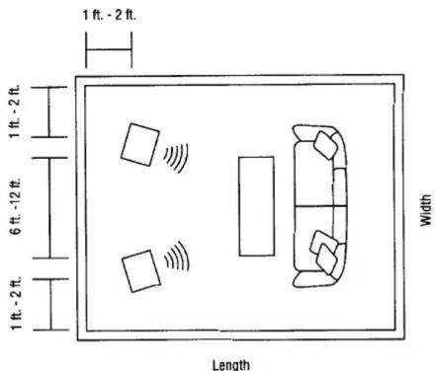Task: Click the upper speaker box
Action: [x=140, y=145]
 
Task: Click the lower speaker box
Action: [x=141, y=271]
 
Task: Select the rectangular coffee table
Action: [x=256, y=206]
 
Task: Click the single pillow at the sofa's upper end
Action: [x=325, y=145]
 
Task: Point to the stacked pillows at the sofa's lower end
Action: [x=324, y=253]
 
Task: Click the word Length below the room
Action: [x=231, y=365]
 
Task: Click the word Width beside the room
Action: [x=426, y=210]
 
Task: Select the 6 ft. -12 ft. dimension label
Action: [x=16, y=206]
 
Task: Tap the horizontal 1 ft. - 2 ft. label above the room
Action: [x=109, y=15]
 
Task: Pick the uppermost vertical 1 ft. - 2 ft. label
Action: [x=15, y=111]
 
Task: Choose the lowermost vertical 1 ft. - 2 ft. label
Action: [x=16, y=303]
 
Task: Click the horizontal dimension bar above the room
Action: [x=109, y=50]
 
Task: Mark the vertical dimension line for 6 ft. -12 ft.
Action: [x=49, y=208]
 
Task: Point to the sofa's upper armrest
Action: [x=314, y=132]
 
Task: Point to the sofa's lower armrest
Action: [x=311, y=279]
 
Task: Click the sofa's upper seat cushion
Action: [x=313, y=175]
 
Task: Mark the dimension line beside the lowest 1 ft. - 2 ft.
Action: [x=50, y=304]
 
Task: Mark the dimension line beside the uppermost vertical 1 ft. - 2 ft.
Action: [x=49, y=111]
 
